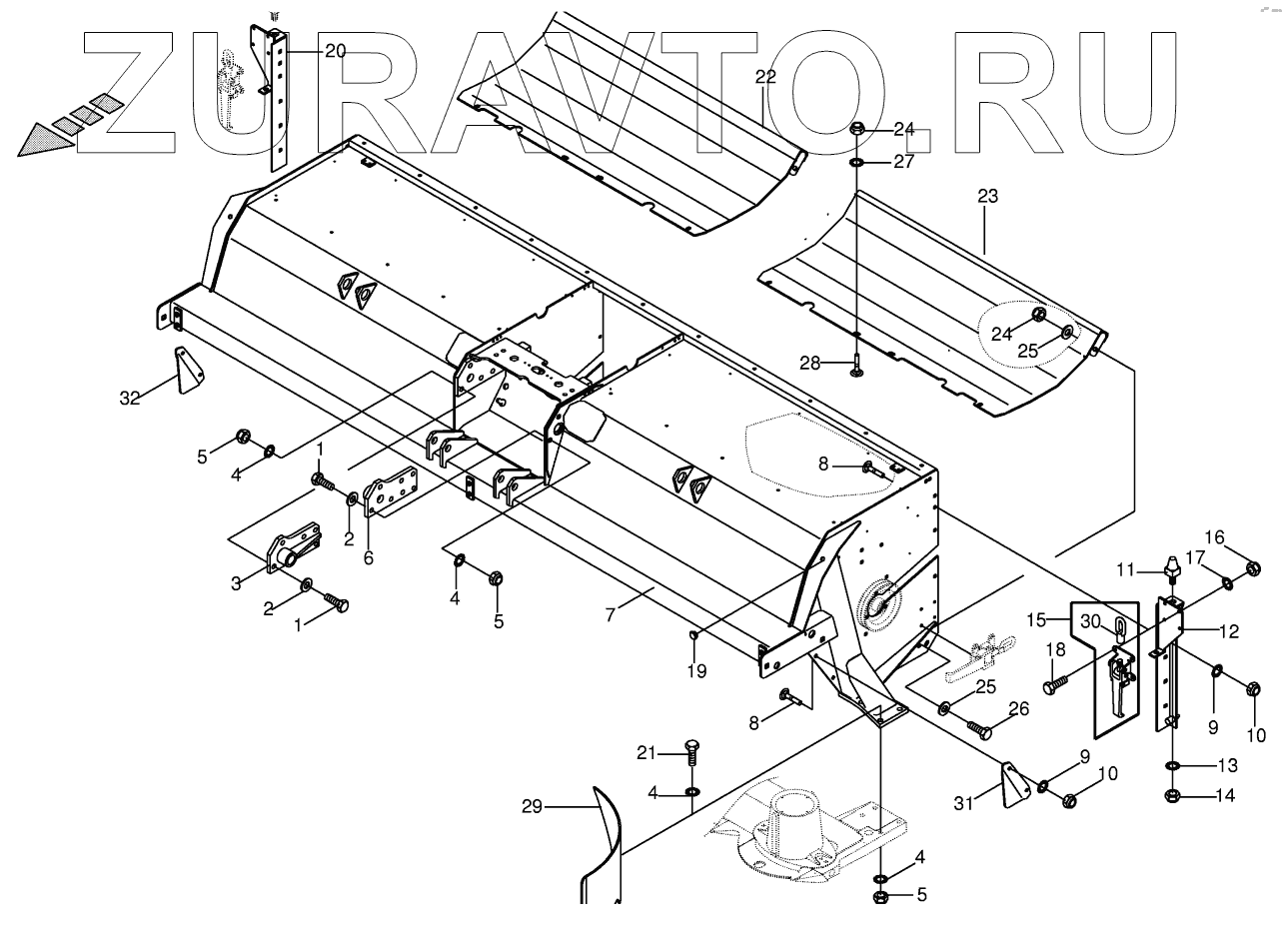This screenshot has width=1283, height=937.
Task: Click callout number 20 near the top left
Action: click(335, 51)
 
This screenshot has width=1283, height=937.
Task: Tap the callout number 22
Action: click(765, 77)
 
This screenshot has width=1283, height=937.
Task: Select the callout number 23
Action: click(987, 197)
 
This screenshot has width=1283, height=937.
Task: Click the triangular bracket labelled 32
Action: click(188, 372)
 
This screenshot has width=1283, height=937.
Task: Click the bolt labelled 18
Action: click(1055, 685)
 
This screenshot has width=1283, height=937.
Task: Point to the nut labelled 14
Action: click(1173, 796)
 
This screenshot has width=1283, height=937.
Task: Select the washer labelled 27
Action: click(858, 162)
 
